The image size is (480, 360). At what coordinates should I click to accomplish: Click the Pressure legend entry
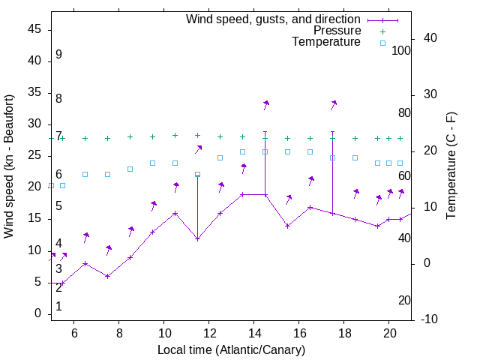point(337,31)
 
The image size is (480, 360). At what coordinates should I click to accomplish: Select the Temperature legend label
point(326,43)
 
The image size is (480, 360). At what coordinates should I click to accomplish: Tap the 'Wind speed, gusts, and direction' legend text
point(274,19)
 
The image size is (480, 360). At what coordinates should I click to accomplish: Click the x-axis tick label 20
point(389,333)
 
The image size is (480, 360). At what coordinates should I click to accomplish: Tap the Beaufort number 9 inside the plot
point(58,55)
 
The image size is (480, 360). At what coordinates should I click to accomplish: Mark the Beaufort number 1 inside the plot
point(58,306)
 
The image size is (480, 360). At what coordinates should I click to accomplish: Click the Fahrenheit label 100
point(402,50)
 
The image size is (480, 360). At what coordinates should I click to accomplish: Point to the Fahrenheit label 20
point(404,300)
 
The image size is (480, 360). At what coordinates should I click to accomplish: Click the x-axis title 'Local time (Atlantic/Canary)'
point(232,349)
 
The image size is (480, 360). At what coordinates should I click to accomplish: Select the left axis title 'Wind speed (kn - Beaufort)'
point(9,166)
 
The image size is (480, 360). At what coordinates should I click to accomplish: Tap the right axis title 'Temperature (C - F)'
point(451,166)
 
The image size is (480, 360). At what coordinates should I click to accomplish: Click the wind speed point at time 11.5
point(197,238)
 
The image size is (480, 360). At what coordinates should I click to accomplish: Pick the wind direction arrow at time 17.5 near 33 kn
point(333,104)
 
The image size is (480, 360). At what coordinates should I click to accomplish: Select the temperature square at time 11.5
point(197,174)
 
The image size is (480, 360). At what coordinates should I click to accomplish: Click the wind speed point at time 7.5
point(107,276)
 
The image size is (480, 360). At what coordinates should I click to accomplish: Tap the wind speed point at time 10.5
point(175,213)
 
